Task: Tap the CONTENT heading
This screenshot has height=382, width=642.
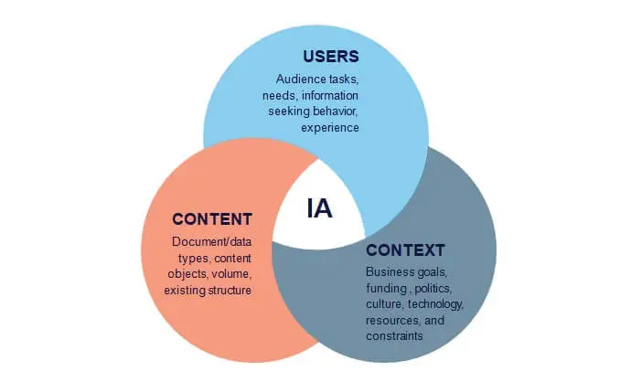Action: point(211,219)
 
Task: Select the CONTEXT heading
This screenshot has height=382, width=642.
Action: point(405,249)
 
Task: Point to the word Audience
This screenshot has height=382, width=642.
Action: point(299,79)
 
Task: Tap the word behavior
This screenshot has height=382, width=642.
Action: point(335,111)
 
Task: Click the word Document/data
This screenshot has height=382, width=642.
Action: point(211,241)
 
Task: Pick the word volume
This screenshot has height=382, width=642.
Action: point(231,274)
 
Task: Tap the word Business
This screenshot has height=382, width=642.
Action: point(391,271)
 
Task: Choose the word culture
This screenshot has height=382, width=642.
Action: point(384,303)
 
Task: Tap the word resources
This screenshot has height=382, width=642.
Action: point(391,320)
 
